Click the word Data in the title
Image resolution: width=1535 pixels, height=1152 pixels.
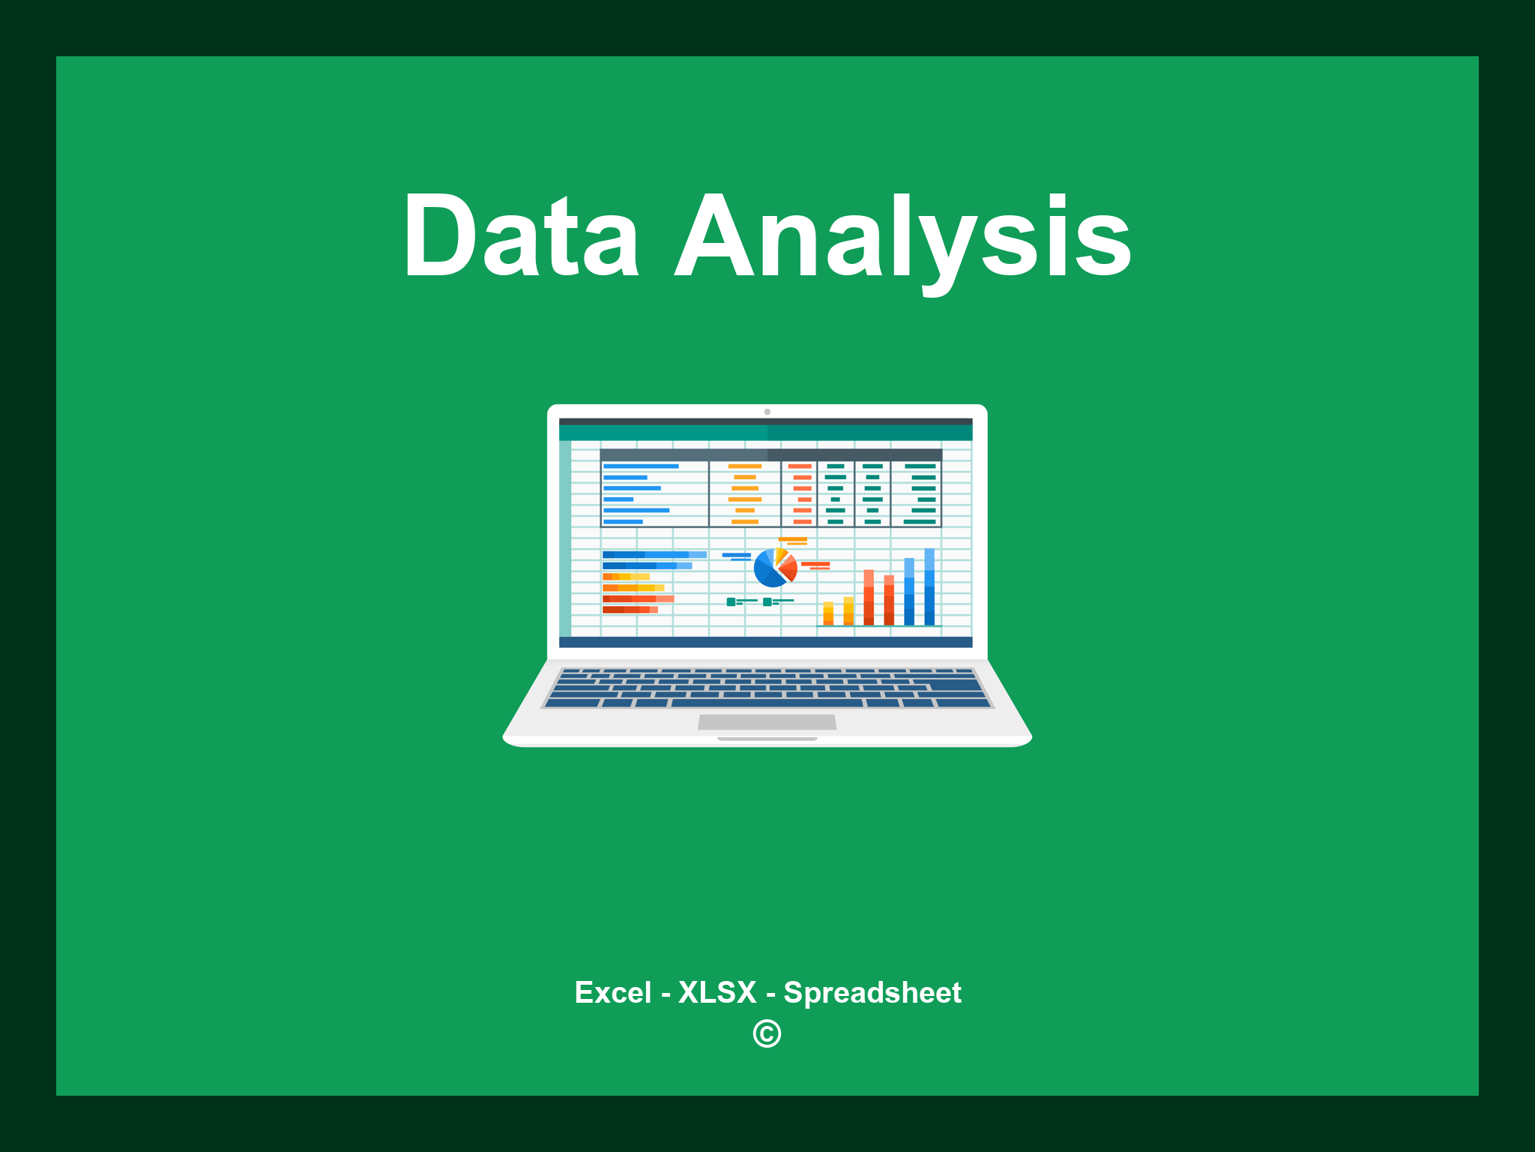pyautogui.click(x=522, y=235)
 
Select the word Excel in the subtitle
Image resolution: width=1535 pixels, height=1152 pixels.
pyautogui.click(x=613, y=992)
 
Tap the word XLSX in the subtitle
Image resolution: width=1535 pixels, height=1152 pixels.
pyautogui.click(x=717, y=992)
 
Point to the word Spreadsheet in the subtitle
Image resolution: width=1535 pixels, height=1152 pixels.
pyautogui.click(x=872, y=993)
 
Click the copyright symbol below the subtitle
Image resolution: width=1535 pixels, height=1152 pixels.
pyautogui.click(x=767, y=1033)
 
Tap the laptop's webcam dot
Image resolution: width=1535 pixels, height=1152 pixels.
pyautogui.click(x=767, y=412)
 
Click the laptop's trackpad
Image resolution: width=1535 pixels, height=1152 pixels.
pyautogui.click(x=767, y=722)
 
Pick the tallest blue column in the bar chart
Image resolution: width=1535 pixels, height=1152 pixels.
pyautogui.click(x=929, y=586)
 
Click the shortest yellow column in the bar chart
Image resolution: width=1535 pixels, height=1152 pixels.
pyautogui.click(x=828, y=613)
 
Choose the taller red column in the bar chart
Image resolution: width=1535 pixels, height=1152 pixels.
pyautogui.click(x=869, y=598)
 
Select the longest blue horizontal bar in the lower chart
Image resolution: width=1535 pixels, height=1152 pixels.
pyautogui.click(x=654, y=555)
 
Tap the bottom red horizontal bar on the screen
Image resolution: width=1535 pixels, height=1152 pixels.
pyautogui.click(x=630, y=610)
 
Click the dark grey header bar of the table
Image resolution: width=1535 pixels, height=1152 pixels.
pyautogui.click(x=770, y=454)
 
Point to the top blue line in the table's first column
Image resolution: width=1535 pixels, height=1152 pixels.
pyautogui.click(x=641, y=466)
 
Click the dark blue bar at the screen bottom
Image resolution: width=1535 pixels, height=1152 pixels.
pyautogui.click(x=766, y=642)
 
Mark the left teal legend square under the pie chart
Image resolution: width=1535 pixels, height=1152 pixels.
pyautogui.click(x=731, y=601)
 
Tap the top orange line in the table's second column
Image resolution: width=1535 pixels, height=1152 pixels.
pyautogui.click(x=745, y=466)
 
